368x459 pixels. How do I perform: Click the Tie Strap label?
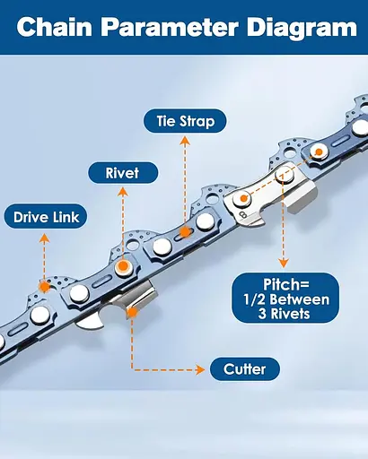(x=185, y=121)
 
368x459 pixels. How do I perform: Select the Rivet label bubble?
(x=123, y=173)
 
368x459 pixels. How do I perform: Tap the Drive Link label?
(x=46, y=217)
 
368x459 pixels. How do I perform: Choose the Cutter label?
(x=245, y=369)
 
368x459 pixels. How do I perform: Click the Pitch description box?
(x=285, y=298)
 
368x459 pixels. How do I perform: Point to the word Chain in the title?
(x=54, y=27)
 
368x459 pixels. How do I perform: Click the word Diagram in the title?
(x=302, y=28)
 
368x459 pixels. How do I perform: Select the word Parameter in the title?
(x=170, y=27)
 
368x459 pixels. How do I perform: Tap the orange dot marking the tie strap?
(x=186, y=232)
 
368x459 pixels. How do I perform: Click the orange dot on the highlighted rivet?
(x=123, y=266)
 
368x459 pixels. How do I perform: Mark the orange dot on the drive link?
(x=45, y=287)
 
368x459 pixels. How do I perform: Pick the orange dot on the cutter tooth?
(x=132, y=312)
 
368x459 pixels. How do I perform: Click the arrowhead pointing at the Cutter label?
(x=200, y=369)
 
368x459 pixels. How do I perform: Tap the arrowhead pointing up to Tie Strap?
(x=185, y=141)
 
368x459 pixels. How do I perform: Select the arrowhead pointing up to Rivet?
(x=123, y=192)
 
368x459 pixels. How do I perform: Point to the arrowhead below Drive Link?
(x=45, y=238)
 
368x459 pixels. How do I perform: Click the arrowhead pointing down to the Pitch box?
(x=284, y=263)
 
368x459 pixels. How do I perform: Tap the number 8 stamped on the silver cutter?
(x=243, y=215)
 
